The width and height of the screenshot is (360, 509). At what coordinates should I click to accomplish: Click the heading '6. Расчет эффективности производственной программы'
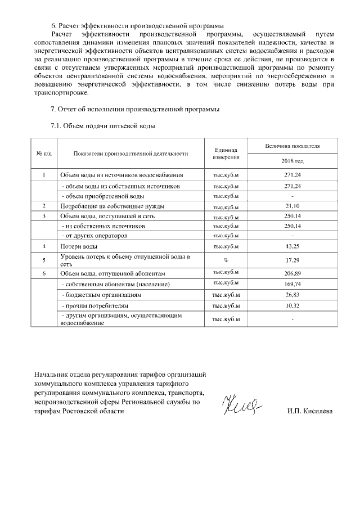[137, 25]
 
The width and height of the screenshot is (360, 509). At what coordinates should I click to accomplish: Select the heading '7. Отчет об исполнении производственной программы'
[135, 109]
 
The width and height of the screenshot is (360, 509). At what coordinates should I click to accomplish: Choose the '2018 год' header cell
[292, 161]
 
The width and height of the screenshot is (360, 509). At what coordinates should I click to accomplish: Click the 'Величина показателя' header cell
[292, 146]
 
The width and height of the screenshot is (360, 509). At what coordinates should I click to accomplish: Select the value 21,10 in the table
[292, 206]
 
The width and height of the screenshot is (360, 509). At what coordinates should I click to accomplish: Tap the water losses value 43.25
[292, 246]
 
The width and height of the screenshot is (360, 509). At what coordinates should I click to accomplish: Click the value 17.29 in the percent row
[292, 260]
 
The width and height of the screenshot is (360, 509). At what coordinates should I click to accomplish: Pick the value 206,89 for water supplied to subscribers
[292, 273]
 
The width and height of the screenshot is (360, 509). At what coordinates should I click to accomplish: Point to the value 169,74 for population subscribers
[292, 284]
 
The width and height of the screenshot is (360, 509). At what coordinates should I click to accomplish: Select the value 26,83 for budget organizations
[292, 295]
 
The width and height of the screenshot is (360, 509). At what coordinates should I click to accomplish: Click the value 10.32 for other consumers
[292, 305]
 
